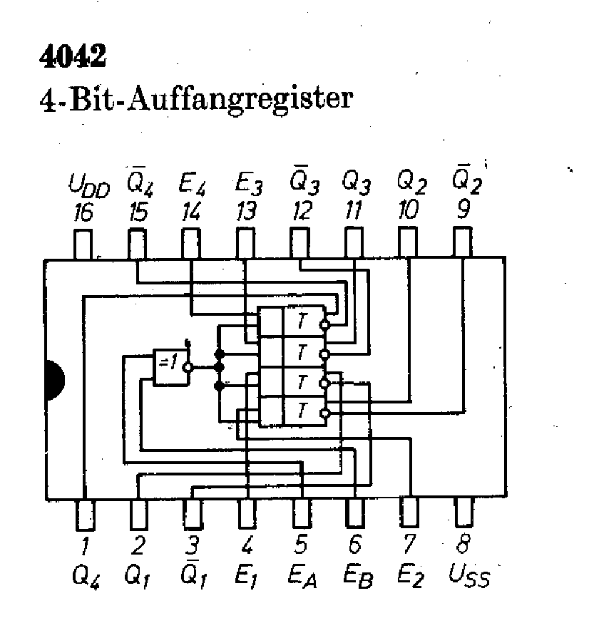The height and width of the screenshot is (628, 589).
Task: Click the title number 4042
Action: (73, 56)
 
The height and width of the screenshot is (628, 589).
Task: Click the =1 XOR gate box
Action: (168, 367)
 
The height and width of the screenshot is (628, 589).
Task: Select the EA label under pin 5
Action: (302, 575)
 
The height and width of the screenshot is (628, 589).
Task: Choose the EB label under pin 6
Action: (356, 575)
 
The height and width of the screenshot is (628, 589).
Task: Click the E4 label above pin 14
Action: (192, 187)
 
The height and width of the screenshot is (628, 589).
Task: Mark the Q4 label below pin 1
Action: (86, 575)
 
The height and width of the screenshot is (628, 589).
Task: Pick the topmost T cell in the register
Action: (302, 322)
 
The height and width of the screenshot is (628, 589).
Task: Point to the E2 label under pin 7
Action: (411, 575)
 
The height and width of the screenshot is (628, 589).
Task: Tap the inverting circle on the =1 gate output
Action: (188, 368)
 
